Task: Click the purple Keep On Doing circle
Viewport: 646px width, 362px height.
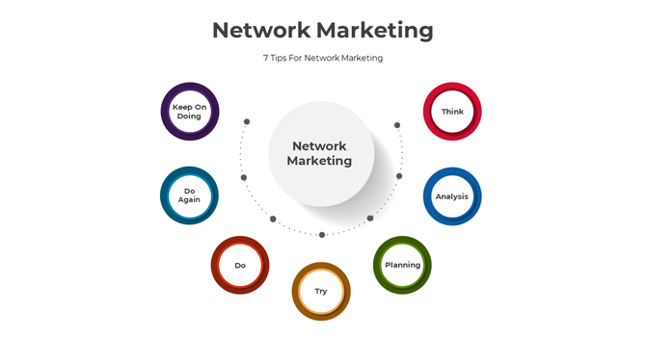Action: [189, 112]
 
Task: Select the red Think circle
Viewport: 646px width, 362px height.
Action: [452, 112]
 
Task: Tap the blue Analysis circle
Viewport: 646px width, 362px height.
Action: [452, 196]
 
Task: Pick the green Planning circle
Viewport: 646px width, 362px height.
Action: [402, 265]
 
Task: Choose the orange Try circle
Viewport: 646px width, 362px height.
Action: [321, 291]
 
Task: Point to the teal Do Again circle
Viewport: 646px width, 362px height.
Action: [189, 196]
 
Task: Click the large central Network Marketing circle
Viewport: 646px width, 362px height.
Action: [321, 154]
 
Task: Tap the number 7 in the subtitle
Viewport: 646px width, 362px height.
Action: [266, 58]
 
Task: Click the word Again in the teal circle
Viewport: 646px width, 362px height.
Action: [189, 200]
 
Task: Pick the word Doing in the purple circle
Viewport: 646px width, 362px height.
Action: [189, 116]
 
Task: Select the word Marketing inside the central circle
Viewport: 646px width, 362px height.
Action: [319, 162]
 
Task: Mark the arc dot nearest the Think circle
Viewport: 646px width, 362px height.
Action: [396, 125]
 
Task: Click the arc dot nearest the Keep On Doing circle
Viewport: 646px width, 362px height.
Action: [247, 122]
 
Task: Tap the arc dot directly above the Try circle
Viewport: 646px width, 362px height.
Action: [322, 234]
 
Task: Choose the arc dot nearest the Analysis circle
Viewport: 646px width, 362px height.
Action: [399, 176]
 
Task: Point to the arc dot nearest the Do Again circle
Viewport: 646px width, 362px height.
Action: [244, 177]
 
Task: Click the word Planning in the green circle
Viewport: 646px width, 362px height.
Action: [402, 265]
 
